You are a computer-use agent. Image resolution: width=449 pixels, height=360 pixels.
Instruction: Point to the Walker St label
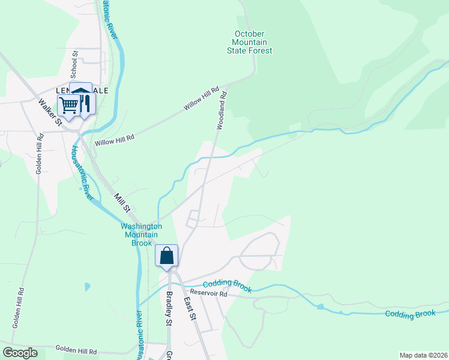click(50, 112)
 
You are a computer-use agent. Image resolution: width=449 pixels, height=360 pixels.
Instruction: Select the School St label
click(75, 62)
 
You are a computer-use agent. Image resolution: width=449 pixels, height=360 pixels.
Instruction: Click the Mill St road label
click(122, 203)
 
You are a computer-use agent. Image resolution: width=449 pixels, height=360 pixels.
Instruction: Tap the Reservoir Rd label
click(214, 294)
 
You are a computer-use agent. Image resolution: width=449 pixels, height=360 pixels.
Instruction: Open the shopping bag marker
click(167, 256)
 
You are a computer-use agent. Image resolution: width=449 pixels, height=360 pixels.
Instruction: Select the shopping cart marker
click(69, 105)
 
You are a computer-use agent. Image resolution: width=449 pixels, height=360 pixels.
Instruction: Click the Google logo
click(20, 353)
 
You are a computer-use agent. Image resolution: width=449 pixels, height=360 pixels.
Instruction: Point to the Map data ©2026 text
click(423, 355)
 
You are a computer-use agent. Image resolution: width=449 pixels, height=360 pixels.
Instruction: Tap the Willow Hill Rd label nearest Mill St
click(114, 140)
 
